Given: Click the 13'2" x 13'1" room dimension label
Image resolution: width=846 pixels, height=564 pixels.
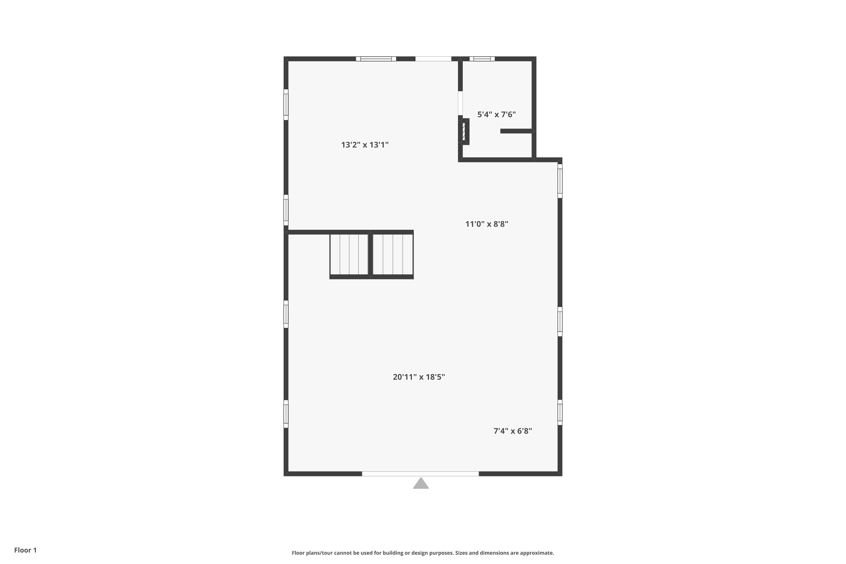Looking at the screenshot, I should pos(365,145).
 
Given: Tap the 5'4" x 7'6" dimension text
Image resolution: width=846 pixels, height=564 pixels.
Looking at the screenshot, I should pos(496,114).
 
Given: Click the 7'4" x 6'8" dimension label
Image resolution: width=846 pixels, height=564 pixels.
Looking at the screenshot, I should pos(513,431).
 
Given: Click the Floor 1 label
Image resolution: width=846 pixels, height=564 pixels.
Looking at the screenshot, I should pos(25,550).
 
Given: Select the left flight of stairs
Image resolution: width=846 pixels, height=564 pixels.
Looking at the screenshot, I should pos(349,254).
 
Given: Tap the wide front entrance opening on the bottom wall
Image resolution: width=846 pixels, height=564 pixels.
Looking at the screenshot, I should pos(420,474).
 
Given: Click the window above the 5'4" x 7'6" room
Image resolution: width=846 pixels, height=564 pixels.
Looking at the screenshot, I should pos(482,59).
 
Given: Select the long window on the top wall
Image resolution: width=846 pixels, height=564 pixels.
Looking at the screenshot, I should pos(376,59).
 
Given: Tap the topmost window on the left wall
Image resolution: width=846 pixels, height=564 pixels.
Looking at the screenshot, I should pos(286,105).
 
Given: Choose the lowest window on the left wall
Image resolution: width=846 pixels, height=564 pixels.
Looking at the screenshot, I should pos(286,414).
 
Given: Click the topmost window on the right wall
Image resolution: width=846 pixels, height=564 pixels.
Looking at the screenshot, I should pos(560,181).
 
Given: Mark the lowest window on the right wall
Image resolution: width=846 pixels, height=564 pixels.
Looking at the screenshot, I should pos(560,412).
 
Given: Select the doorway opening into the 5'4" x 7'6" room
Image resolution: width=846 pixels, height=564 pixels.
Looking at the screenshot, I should pos(460,103).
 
